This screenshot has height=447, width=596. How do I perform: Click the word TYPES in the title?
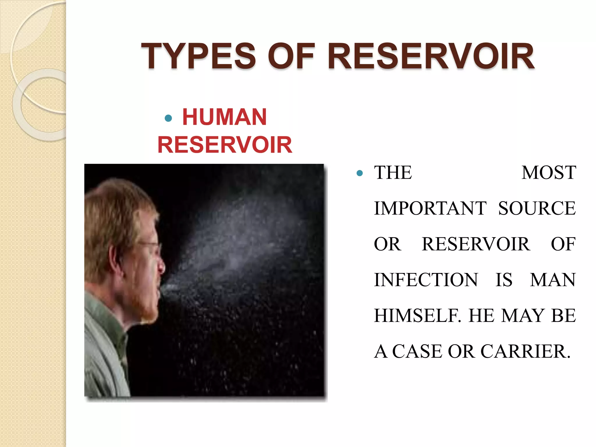pos(198,56)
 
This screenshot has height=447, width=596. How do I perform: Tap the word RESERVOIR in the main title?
pos(431,56)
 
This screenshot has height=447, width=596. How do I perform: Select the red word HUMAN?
pos(224,117)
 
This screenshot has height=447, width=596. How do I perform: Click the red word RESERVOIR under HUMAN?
pos(225,145)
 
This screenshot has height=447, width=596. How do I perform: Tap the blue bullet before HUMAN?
pos(168,118)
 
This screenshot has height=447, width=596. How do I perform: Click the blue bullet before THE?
pos(360,173)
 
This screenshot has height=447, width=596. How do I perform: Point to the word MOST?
pos(549,173)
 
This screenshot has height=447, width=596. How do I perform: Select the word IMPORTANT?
pos(430,208)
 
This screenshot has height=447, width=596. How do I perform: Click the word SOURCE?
pos(537,208)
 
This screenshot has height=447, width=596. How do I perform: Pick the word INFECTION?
pos(426,280)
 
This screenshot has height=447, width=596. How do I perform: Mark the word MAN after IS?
pos(553,280)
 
